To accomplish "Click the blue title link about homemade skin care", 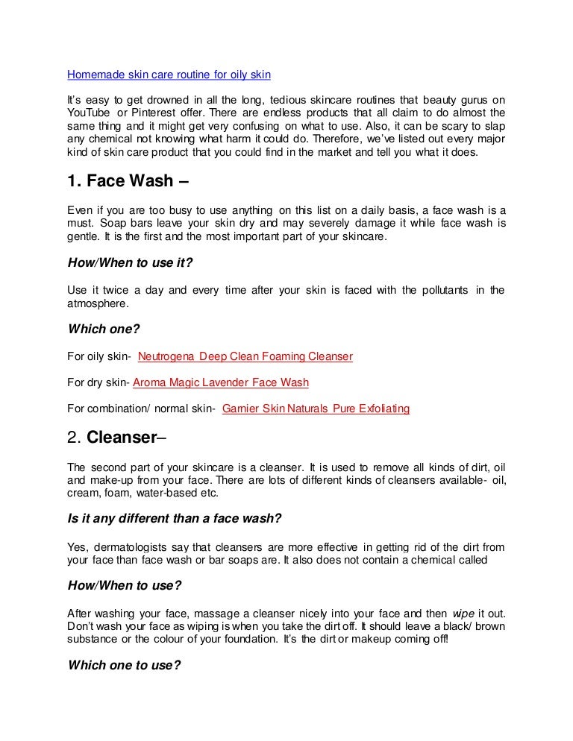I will (x=169, y=75).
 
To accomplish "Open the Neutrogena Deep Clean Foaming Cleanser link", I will (x=245, y=357).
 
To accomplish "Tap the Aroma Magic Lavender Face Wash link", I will (x=220, y=383).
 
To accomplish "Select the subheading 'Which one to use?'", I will (x=124, y=665).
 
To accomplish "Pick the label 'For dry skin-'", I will (x=98, y=383).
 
